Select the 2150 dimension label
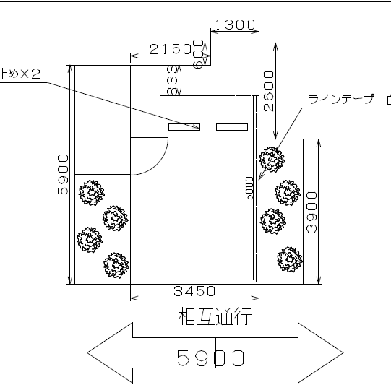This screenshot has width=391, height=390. (171, 48)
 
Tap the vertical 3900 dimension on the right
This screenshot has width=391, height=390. (311, 211)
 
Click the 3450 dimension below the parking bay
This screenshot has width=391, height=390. (194, 291)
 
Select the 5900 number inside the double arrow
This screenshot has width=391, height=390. (210, 358)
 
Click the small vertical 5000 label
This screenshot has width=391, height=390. (249, 188)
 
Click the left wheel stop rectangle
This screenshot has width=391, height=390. (184, 127)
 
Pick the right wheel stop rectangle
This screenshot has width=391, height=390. (231, 127)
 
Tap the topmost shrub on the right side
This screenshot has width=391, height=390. (272, 160)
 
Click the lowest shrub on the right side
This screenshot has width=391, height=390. (289, 259)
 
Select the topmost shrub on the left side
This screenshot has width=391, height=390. (92, 194)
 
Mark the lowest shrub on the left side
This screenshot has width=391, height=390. (116, 266)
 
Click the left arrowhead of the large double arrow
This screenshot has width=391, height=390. (109, 352)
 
